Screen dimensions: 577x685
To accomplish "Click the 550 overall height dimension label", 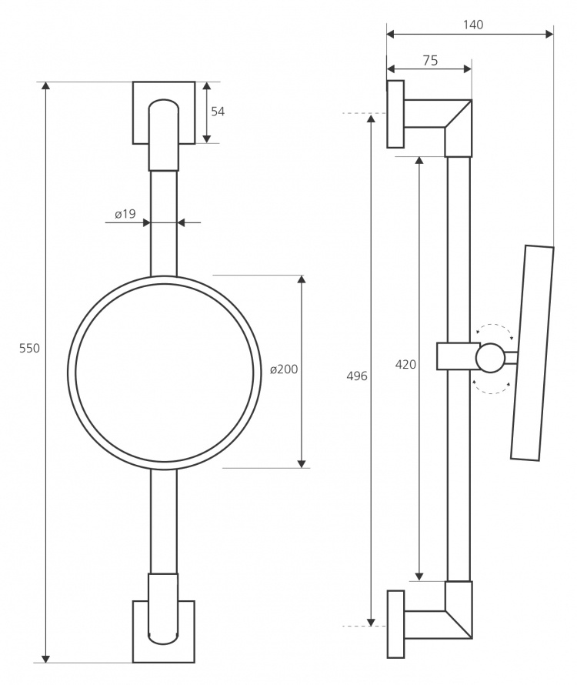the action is point(29,348).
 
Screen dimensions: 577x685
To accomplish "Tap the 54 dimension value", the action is point(218,112).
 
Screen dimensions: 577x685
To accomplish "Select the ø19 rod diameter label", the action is point(125,214).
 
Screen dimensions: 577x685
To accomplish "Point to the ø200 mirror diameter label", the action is point(284,369).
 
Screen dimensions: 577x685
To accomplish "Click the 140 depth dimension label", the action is point(473,25).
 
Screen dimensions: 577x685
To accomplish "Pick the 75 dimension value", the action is point(430,60).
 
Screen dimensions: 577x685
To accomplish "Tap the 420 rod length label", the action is point(405,364).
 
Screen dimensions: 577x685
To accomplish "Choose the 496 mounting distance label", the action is point(357,376).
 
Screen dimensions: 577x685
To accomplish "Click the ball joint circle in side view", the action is point(490,358).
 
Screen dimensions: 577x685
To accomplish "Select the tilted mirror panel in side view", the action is point(532,353).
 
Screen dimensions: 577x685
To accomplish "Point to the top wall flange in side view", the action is point(395,114).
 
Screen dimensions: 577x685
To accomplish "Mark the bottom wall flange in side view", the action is point(395,624).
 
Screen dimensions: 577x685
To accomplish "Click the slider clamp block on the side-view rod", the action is point(457,356).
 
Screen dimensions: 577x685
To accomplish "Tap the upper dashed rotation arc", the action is point(494,325).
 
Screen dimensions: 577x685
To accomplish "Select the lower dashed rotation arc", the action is point(492,393).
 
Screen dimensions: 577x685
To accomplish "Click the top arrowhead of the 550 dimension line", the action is point(45,85).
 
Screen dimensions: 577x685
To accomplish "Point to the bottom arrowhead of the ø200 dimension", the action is point(302,463).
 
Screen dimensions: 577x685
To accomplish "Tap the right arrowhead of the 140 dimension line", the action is point(549,34).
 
